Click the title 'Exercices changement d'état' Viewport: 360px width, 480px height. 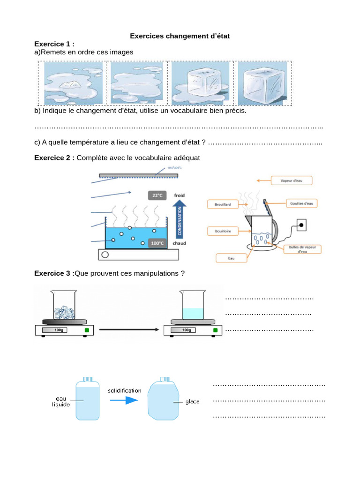180,36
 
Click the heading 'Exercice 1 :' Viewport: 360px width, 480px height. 54,44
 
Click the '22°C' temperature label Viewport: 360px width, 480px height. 158,195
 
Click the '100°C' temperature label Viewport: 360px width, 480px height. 157,243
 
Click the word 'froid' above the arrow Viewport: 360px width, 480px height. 180,195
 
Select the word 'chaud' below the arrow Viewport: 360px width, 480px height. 180,244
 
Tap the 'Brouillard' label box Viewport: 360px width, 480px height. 223,204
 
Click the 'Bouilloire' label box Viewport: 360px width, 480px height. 223,231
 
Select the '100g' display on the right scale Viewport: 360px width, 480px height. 186,330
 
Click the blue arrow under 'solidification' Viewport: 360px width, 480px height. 124,400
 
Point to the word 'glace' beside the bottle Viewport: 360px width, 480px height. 192,402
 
